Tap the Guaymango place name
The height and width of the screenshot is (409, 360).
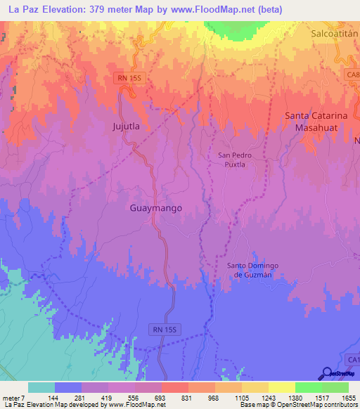tap(157, 209)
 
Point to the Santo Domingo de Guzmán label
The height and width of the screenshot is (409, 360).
tap(253, 270)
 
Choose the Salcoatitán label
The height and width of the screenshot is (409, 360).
tap(335, 33)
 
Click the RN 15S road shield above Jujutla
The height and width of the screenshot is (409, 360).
tap(130, 79)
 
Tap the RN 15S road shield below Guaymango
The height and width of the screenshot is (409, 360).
tap(167, 328)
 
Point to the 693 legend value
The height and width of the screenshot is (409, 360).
tap(160, 397)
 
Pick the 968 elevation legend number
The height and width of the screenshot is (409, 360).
tap(214, 397)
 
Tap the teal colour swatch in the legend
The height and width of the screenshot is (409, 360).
tap(41, 387)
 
